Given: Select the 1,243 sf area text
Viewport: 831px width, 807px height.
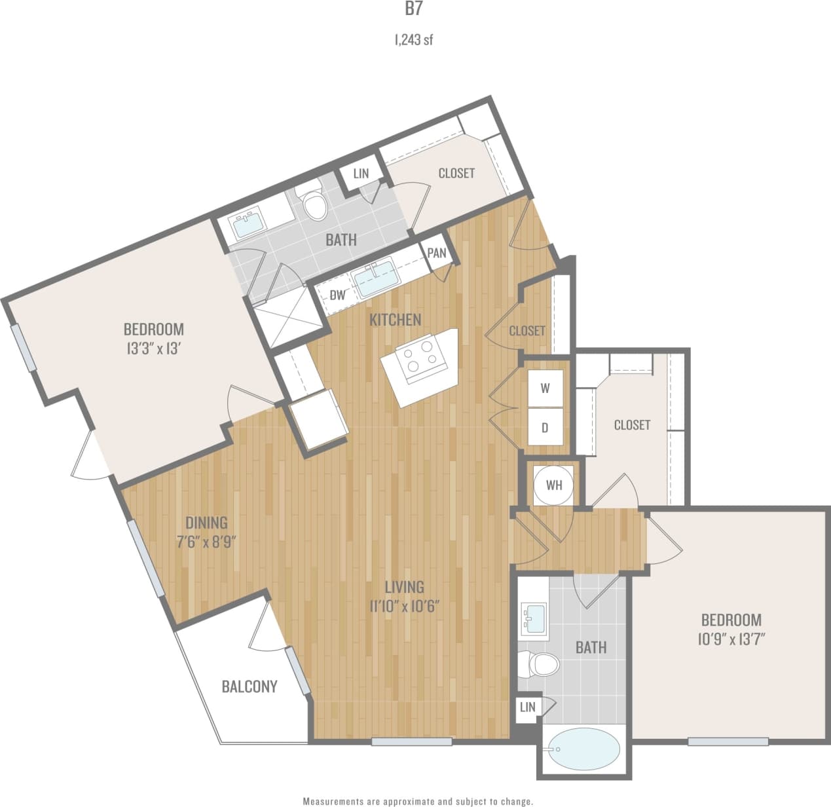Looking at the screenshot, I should point(414,40).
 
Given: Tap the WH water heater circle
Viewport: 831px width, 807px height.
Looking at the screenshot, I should point(553,485).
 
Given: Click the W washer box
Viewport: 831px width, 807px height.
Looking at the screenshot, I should point(545,388).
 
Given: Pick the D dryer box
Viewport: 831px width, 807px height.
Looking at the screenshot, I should point(545,428).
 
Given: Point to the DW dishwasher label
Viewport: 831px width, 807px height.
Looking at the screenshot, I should point(337,295).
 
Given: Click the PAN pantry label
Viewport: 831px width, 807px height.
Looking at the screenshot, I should point(437,253).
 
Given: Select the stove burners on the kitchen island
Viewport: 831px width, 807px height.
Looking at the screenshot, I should point(419,358).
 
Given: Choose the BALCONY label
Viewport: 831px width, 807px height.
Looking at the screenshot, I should point(249,686).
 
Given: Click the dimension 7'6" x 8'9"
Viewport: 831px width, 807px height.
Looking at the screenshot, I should point(206,542).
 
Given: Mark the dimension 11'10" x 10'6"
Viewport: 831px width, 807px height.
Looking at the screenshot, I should point(404,606).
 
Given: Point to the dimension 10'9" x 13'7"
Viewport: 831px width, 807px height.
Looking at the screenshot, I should point(731,639).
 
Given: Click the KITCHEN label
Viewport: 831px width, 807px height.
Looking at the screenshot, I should point(395,320).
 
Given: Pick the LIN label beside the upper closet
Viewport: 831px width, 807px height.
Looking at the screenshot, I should point(361,174).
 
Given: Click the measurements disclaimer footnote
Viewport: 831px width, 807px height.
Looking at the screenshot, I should point(417,801).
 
